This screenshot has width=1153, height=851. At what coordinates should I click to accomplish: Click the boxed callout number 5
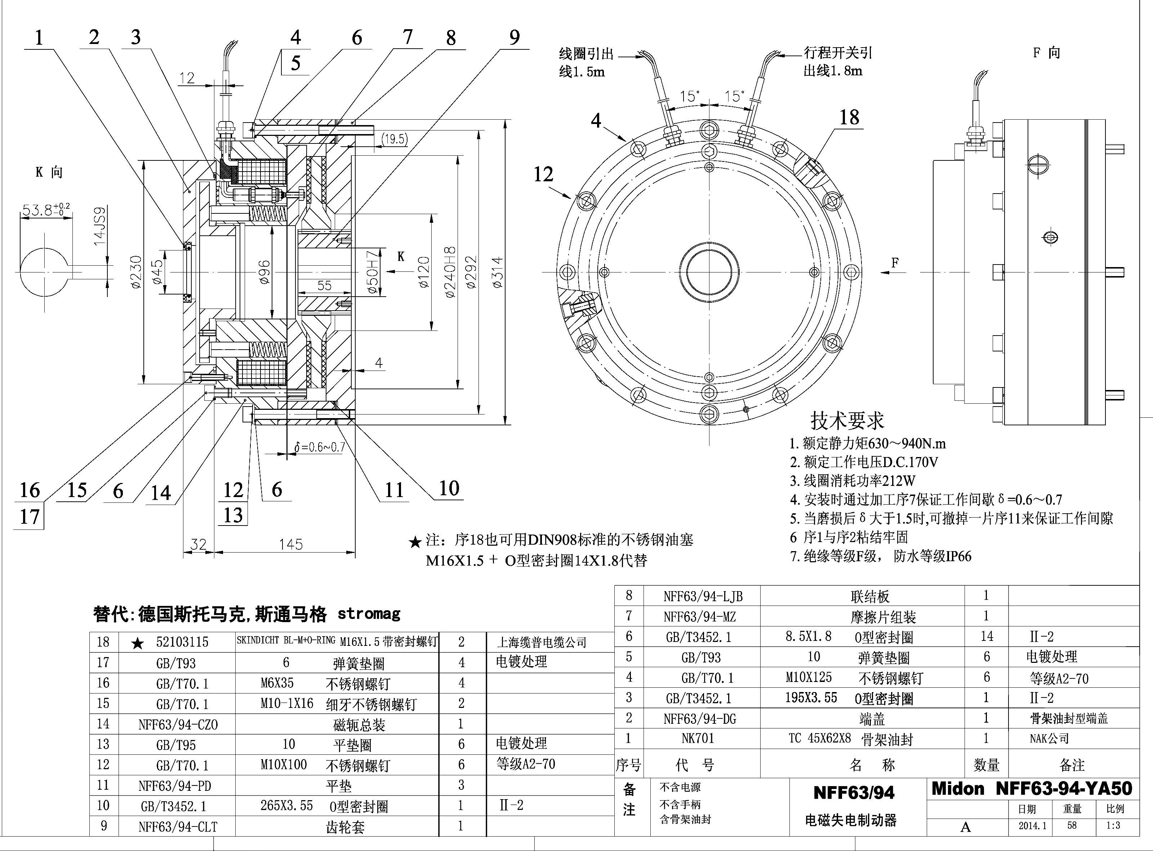pyautogui.click(x=295, y=63)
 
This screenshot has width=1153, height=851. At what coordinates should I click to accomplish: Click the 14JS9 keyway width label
pyautogui.click(x=99, y=226)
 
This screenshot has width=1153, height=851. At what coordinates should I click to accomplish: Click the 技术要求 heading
pyautogui.click(x=847, y=420)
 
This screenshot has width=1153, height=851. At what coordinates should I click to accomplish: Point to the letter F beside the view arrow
pyautogui.click(x=895, y=263)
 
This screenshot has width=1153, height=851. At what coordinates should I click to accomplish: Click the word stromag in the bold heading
pyautogui.click(x=369, y=613)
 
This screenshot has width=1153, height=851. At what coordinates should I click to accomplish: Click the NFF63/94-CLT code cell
pyautogui.click(x=178, y=827)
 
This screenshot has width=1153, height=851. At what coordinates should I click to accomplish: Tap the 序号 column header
pyautogui.click(x=628, y=765)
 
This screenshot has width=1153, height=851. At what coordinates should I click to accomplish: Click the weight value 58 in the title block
pyautogui.click(x=1072, y=825)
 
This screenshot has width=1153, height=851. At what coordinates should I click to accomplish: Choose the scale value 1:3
pyautogui.click(x=1113, y=825)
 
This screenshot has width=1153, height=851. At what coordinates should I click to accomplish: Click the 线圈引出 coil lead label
pyautogui.click(x=586, y=54)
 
